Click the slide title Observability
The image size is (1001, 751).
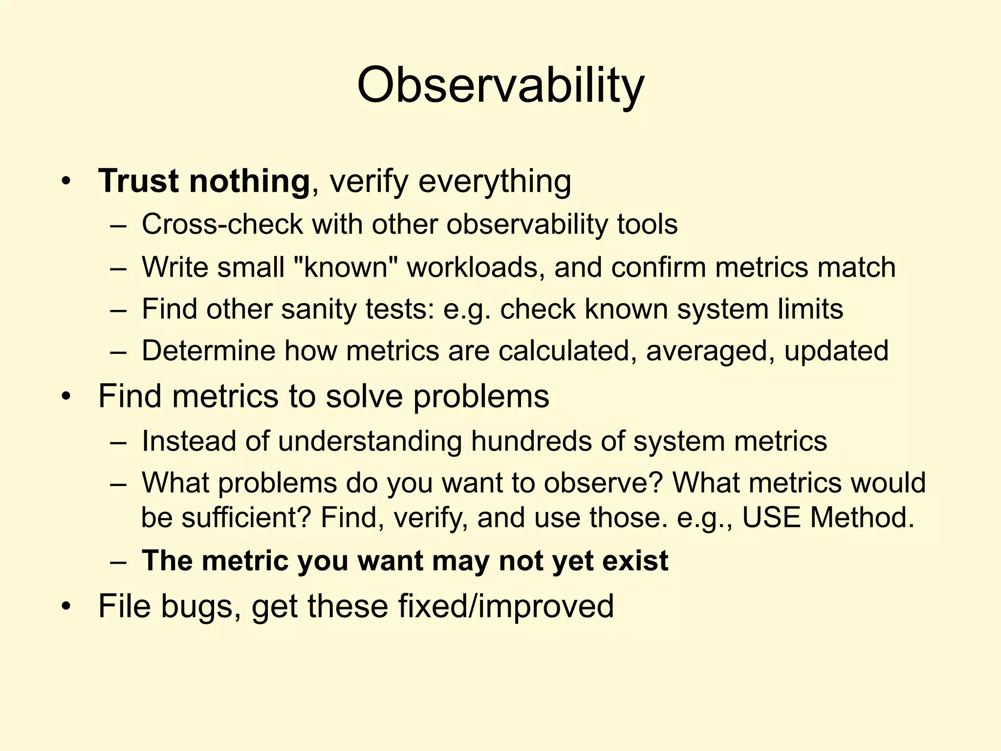pos(500,86)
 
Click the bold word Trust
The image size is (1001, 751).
pos(138,181)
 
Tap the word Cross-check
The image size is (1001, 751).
pos(222,224)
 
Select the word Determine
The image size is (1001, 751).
pos(209,351)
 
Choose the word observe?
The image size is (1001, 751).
pos(603,483)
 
